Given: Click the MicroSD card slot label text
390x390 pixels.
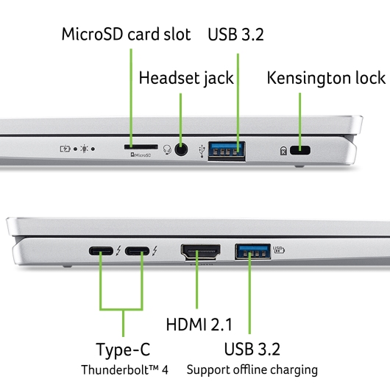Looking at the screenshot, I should point(126,35).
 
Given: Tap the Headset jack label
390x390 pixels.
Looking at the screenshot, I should point(186,78).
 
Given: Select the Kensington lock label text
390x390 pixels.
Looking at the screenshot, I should point(325,78).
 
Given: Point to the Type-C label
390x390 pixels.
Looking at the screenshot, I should point(123,350).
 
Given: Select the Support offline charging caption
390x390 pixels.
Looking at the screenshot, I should point(252,369).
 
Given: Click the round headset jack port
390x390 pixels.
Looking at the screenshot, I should point(182,150).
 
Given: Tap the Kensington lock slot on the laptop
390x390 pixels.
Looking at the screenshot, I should point(300,151).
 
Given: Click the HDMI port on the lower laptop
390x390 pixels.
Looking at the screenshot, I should point(199,252).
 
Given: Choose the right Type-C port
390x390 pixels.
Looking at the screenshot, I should point(136,252).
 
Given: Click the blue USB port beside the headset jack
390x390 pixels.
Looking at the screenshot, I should point(227,150).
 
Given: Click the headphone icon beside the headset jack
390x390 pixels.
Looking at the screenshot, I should point(168,150).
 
